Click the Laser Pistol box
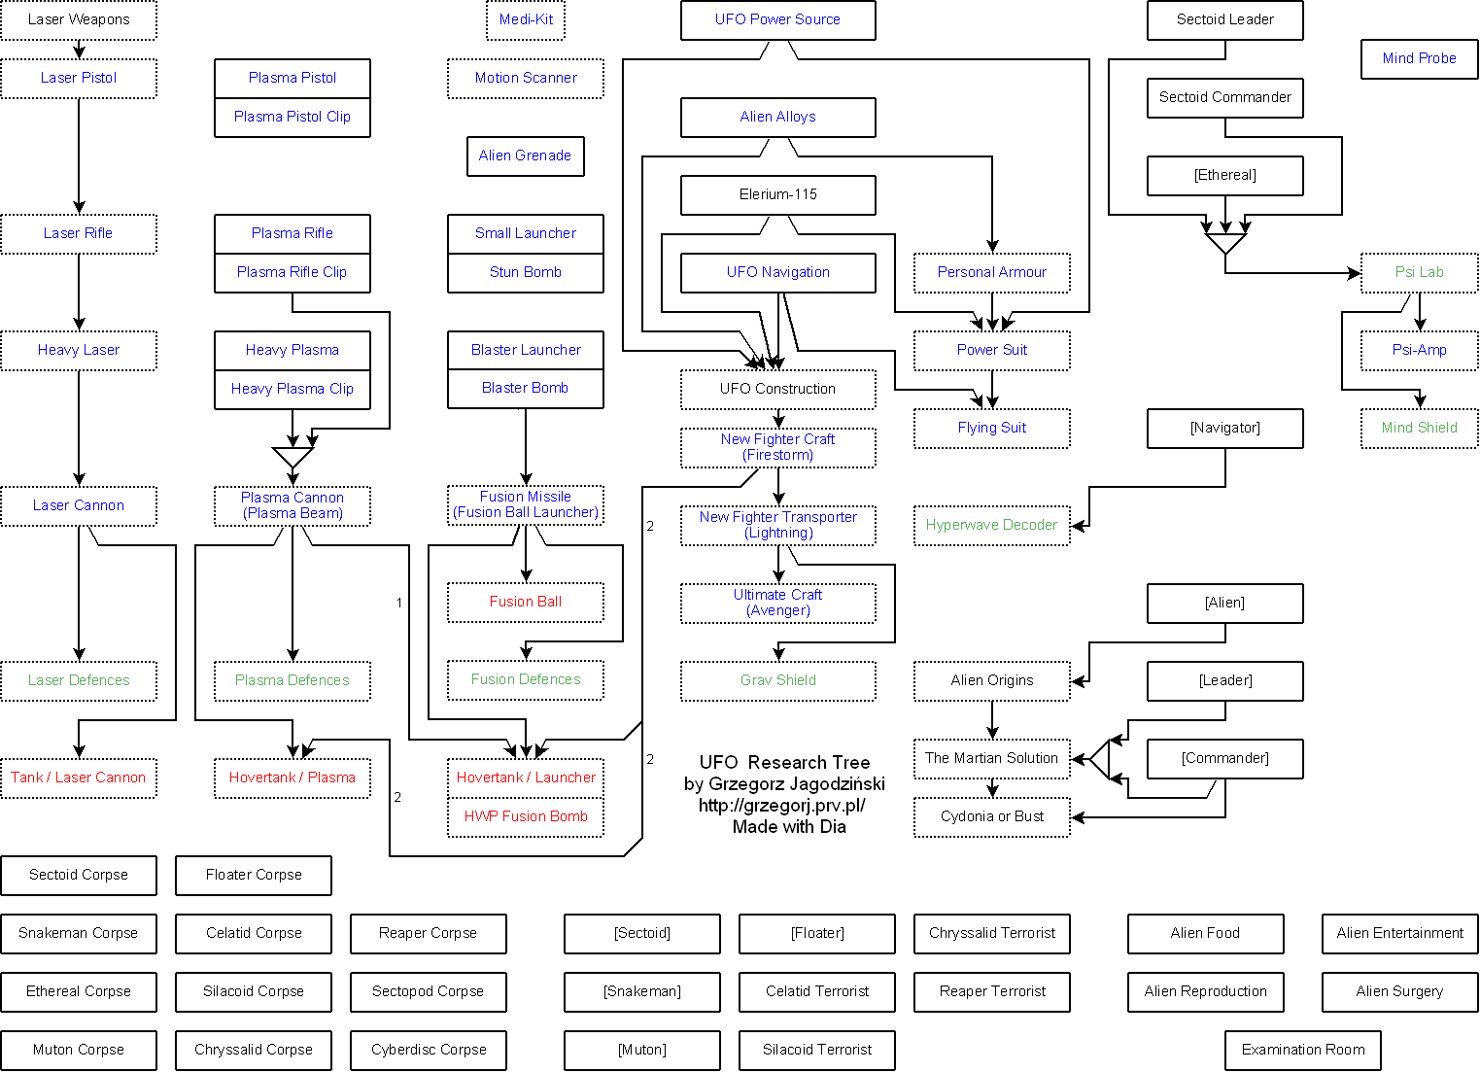[x=79, y=79]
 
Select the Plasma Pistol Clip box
[x=293, y=117]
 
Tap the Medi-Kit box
[x=526, y=19]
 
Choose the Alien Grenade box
[x=526, y=156]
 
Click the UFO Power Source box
[x=778, y=19]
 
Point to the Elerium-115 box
[x=778, y=195]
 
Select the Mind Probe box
[x=1419, y=59]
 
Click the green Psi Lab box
[x=1419, y=272]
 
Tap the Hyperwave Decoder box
[x=992, y=526]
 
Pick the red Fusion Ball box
[x=526, y=603]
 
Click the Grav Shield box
[x=778, y=680]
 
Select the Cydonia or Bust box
[x=992, y=817]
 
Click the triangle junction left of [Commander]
[x=1099, y=759]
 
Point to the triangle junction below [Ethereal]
[x=1225, y=243]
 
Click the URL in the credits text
[x=782, y=805]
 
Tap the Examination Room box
[x=1303, y=1051]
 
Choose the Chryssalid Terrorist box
[x=992, y=934]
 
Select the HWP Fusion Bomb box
[x=526, y=817]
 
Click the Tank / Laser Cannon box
[x=79, y=778]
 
